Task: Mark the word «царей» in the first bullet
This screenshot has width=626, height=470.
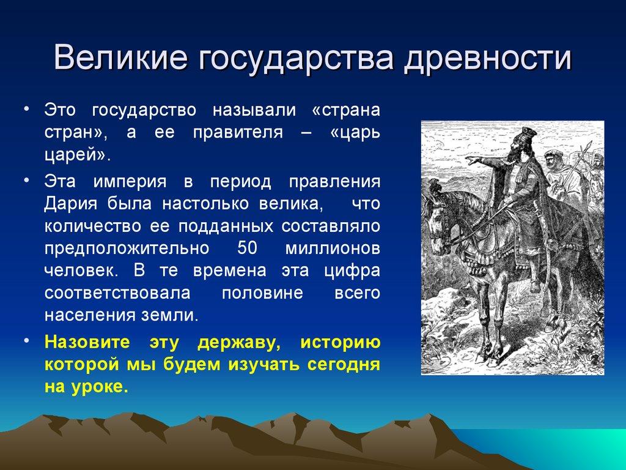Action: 76,155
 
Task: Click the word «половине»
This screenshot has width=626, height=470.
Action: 262,293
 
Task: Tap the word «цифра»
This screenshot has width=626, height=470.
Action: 353,270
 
